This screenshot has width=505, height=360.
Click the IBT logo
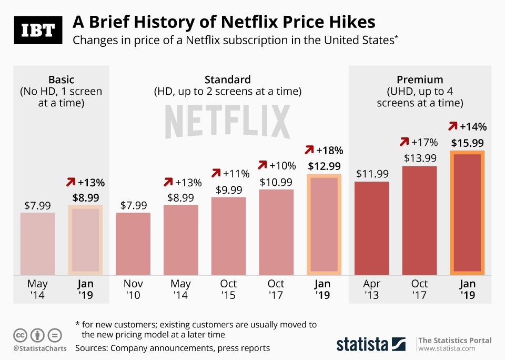pos(37,31)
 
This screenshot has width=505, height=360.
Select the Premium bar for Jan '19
pos(467,213)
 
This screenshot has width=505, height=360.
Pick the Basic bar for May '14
pos(38,243)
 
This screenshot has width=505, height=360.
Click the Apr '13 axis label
pos(371,289)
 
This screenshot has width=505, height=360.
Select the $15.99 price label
pos(467,143)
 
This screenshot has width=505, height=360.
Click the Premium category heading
pos(420,80)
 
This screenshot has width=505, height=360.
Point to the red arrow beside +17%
pos(404,142)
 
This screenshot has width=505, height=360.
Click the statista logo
pos(371,344)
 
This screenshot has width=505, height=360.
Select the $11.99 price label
pos(372,174)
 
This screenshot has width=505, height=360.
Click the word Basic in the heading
pos(62,80)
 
